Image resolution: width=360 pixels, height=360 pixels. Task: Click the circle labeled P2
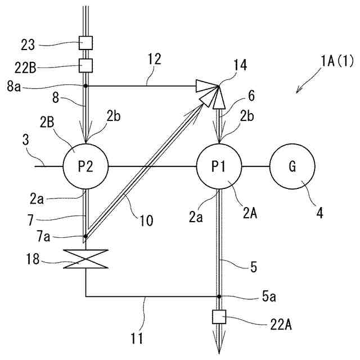[x=85, y=166]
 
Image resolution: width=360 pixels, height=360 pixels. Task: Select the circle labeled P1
[x=219, y=166]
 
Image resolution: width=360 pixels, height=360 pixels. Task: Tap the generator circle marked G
[x=291, y=166]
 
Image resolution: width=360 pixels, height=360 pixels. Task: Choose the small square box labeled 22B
[x=85, y=65]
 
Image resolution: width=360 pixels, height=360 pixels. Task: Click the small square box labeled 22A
[x=219, y=318]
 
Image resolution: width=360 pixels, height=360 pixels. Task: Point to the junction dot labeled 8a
[x=85, y=86]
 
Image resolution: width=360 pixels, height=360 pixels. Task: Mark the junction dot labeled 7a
[x=85, y=236]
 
